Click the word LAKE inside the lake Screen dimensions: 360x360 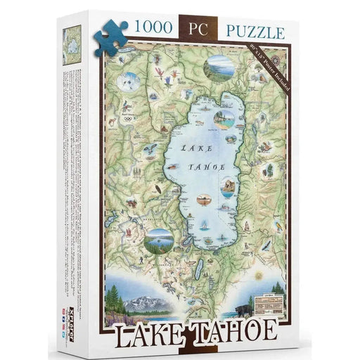[198, 148]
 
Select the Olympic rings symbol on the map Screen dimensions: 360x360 [127, 118]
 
